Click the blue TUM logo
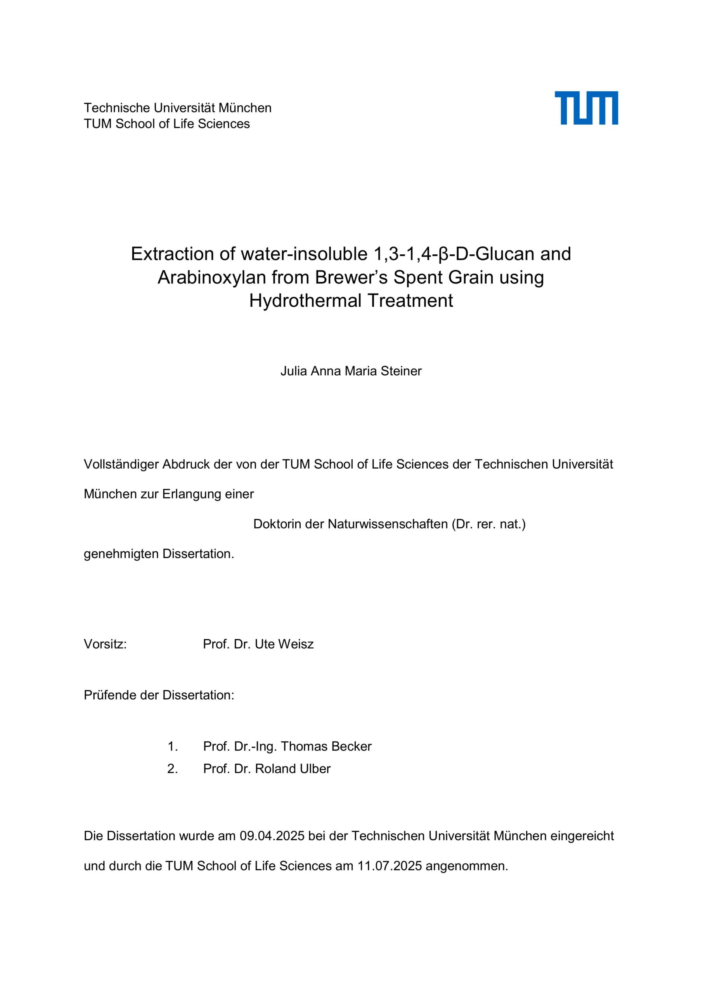point(586,108)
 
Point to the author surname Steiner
point(401,371)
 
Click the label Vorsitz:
point(105,644)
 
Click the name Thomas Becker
point(326,746)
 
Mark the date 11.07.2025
point(389,866)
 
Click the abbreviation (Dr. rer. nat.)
point(488,524)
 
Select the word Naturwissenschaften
point(388,524)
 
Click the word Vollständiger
point(121,464)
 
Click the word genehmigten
point(121,554)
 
